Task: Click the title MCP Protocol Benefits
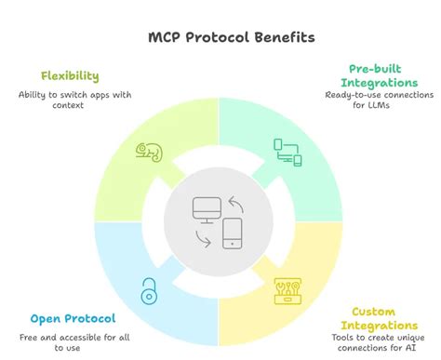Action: pos(220,38)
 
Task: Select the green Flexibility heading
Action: pos(70,75)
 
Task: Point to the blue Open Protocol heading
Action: pos(71,317)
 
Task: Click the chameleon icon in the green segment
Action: pos(149,151)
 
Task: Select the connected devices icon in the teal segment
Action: pos(287,152)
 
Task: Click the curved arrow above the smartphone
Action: pos(236,202)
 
